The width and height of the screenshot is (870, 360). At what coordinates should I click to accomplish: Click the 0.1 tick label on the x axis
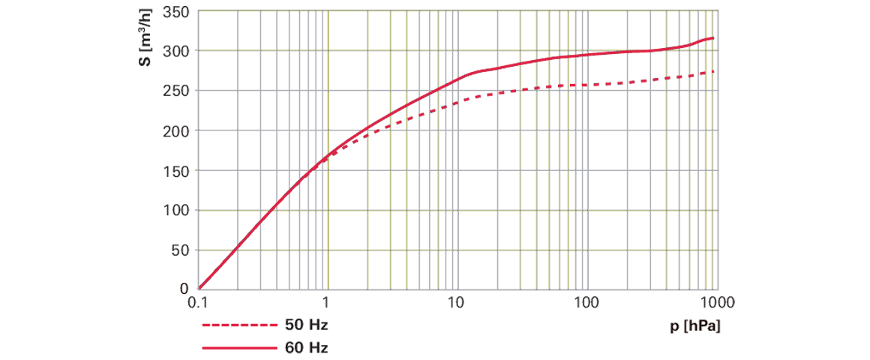coord(196,301)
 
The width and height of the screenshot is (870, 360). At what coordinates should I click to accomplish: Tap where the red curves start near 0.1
coord(196,287)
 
